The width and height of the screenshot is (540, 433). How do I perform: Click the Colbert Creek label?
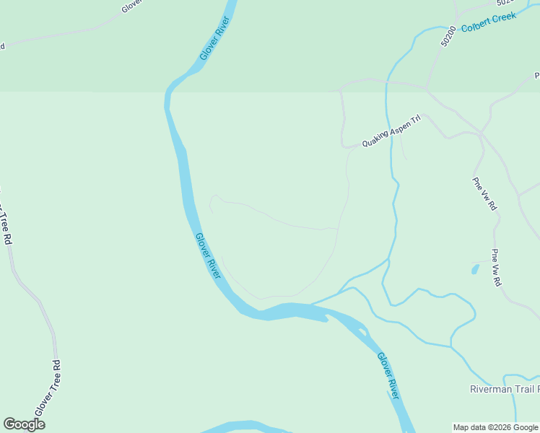pos(489,22)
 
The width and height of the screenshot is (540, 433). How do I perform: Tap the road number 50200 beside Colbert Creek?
pos(448,37)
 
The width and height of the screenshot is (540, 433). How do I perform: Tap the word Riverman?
pos(489,390)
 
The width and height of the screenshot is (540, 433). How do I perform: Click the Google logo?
pos(24,424)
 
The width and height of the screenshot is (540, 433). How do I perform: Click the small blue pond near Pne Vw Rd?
pos(474,270)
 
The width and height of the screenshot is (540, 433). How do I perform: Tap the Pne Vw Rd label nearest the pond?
pos(496,268)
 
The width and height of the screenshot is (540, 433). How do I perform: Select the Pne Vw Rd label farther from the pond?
pos(484,193)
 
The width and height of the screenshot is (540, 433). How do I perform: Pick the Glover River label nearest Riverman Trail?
pos(388,376)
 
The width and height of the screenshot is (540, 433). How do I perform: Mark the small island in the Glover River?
pos(360,331)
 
